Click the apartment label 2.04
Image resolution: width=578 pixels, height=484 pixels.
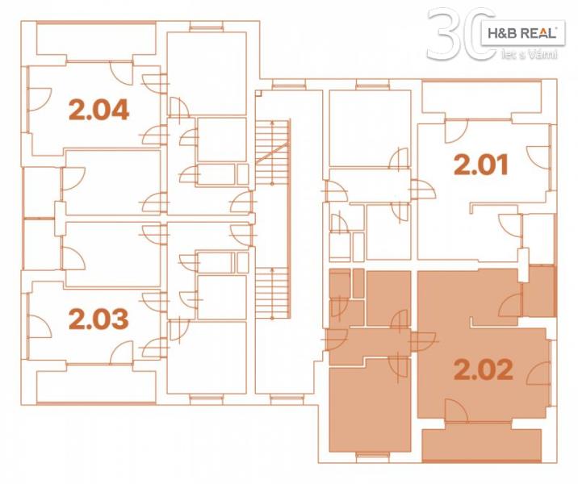coord(98,110)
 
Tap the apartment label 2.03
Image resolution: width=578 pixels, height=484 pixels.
coord(98,319)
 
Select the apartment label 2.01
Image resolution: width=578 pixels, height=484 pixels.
coord(481,165)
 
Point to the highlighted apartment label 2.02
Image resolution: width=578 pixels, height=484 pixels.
coord(484,369)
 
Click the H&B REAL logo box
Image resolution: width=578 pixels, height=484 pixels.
coord(522,33)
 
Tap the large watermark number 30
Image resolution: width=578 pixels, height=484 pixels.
coord(461,34)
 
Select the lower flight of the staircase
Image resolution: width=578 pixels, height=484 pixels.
coord(272,293)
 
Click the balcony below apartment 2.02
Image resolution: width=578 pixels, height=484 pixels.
coord(482,443)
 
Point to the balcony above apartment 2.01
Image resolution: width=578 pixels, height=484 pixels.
coord(482,98)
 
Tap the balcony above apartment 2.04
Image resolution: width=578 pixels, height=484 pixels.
coord(97,39)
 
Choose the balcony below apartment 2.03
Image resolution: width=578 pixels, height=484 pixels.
coord(97,386)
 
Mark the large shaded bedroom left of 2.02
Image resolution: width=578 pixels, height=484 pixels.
coord(370,404)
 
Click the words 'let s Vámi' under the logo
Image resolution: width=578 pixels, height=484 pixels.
coord(529,55)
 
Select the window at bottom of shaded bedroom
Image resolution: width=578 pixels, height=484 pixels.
coord(372,456)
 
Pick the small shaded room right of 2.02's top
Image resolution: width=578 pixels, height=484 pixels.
coord(538,290)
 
